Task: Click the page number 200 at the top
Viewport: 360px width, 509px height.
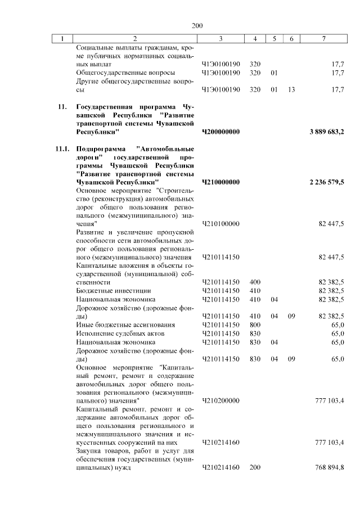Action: coord(196,26)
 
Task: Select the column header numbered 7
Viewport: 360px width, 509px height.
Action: coord(323,39)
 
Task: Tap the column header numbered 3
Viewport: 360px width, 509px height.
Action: coord(220,39)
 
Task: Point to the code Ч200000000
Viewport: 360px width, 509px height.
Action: coord(220,132)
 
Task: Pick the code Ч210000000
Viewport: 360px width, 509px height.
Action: coord(220,183)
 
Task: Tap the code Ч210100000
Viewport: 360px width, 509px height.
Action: coord(220,224)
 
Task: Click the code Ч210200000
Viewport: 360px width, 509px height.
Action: coord(220,400)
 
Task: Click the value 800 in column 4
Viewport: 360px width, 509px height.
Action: coord(255,325)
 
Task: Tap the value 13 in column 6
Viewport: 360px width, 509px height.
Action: coord(291,89)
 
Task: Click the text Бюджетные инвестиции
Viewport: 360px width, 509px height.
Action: coord(113,291)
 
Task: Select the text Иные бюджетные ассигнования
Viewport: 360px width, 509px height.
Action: coord(125,325)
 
